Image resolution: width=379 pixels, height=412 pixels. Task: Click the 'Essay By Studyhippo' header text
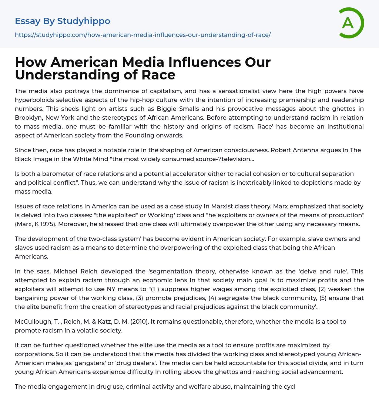[x=63, y=21]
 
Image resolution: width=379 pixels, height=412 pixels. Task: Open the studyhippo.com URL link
[x=142, y=35]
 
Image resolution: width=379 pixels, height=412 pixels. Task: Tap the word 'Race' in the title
[x=159, y=75]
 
